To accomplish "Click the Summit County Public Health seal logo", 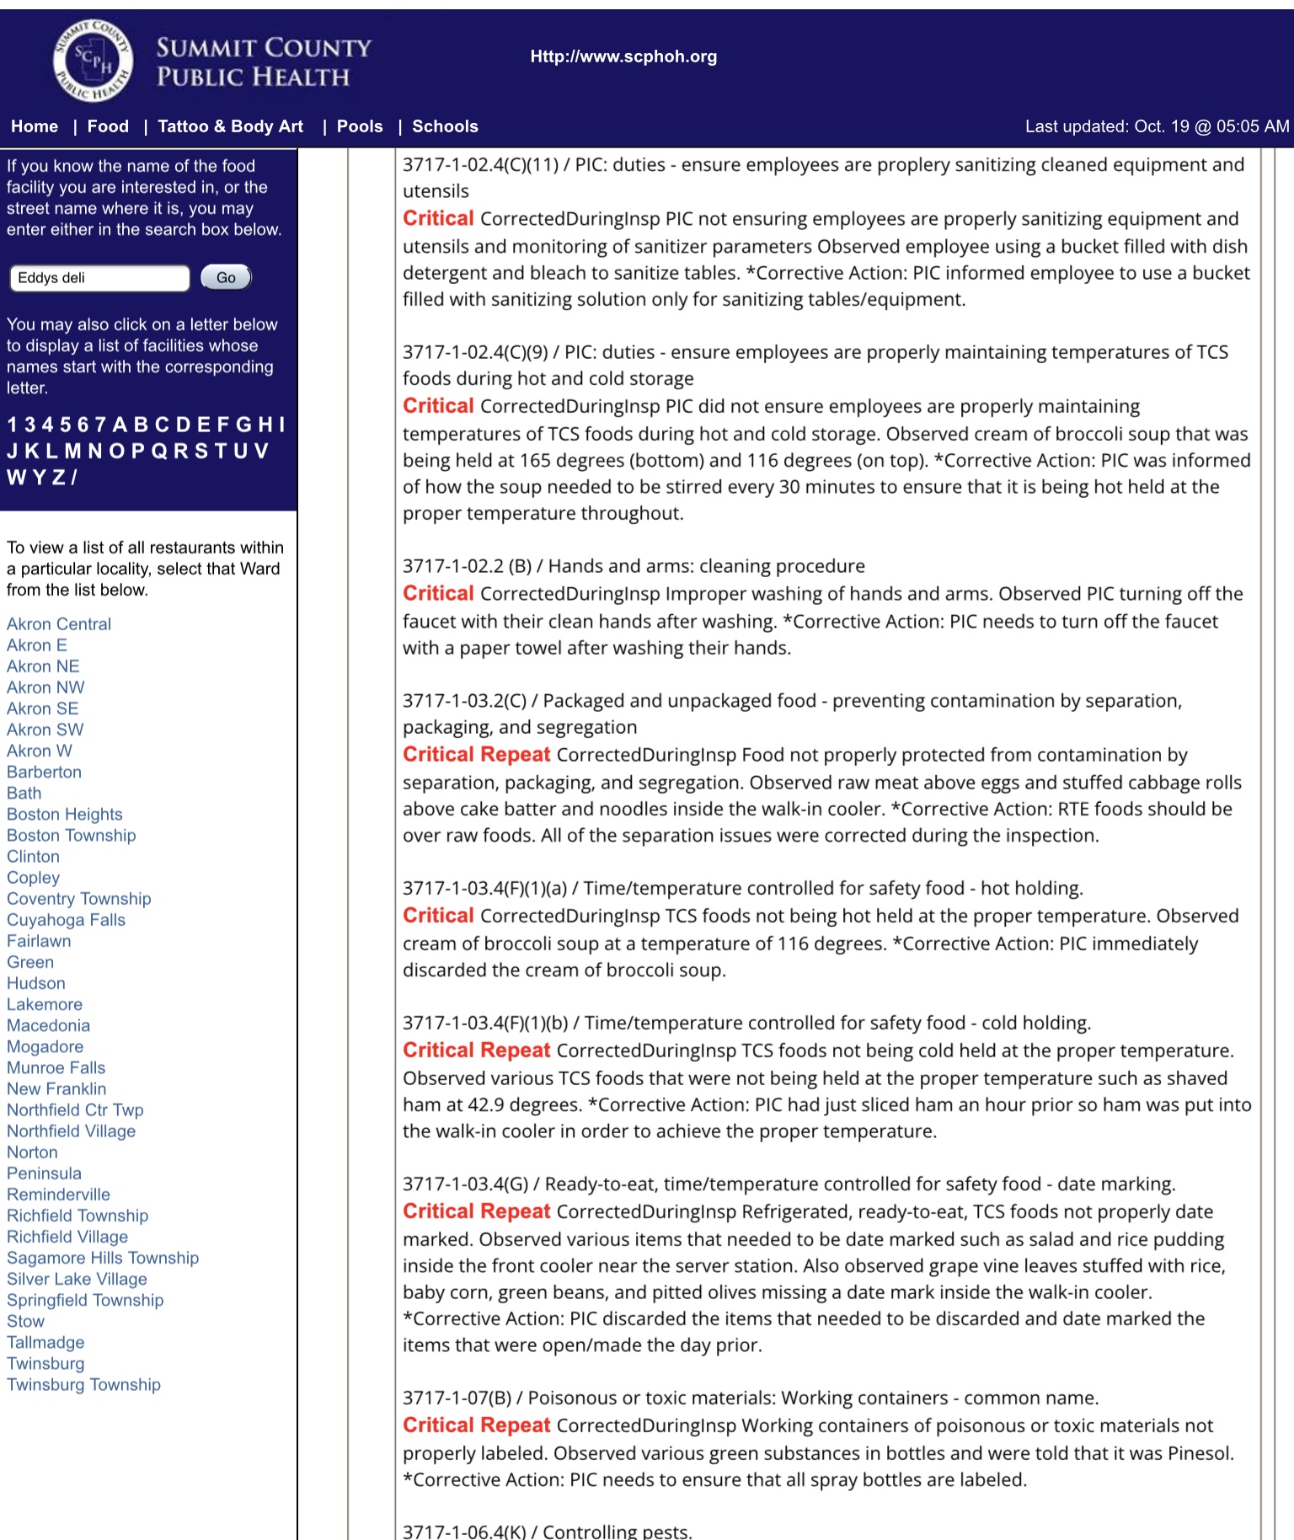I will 93,61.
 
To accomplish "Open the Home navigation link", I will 35,126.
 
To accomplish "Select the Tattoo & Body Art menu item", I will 230,126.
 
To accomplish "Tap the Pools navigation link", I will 360,126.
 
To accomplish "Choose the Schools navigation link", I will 445,126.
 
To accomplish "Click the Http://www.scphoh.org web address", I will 623,56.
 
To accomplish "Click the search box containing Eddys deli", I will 99,278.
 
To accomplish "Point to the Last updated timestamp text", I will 1157,126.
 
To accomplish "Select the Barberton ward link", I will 44,772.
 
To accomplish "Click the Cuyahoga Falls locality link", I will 66,920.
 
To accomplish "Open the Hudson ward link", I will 35,983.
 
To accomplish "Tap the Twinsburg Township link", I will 83,1384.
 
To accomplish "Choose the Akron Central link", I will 59,624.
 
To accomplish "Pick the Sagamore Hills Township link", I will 103,1258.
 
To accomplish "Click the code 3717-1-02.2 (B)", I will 467,566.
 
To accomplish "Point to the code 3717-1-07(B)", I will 457,1398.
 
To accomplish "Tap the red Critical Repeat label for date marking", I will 476,1211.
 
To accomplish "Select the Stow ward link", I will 25,1321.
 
